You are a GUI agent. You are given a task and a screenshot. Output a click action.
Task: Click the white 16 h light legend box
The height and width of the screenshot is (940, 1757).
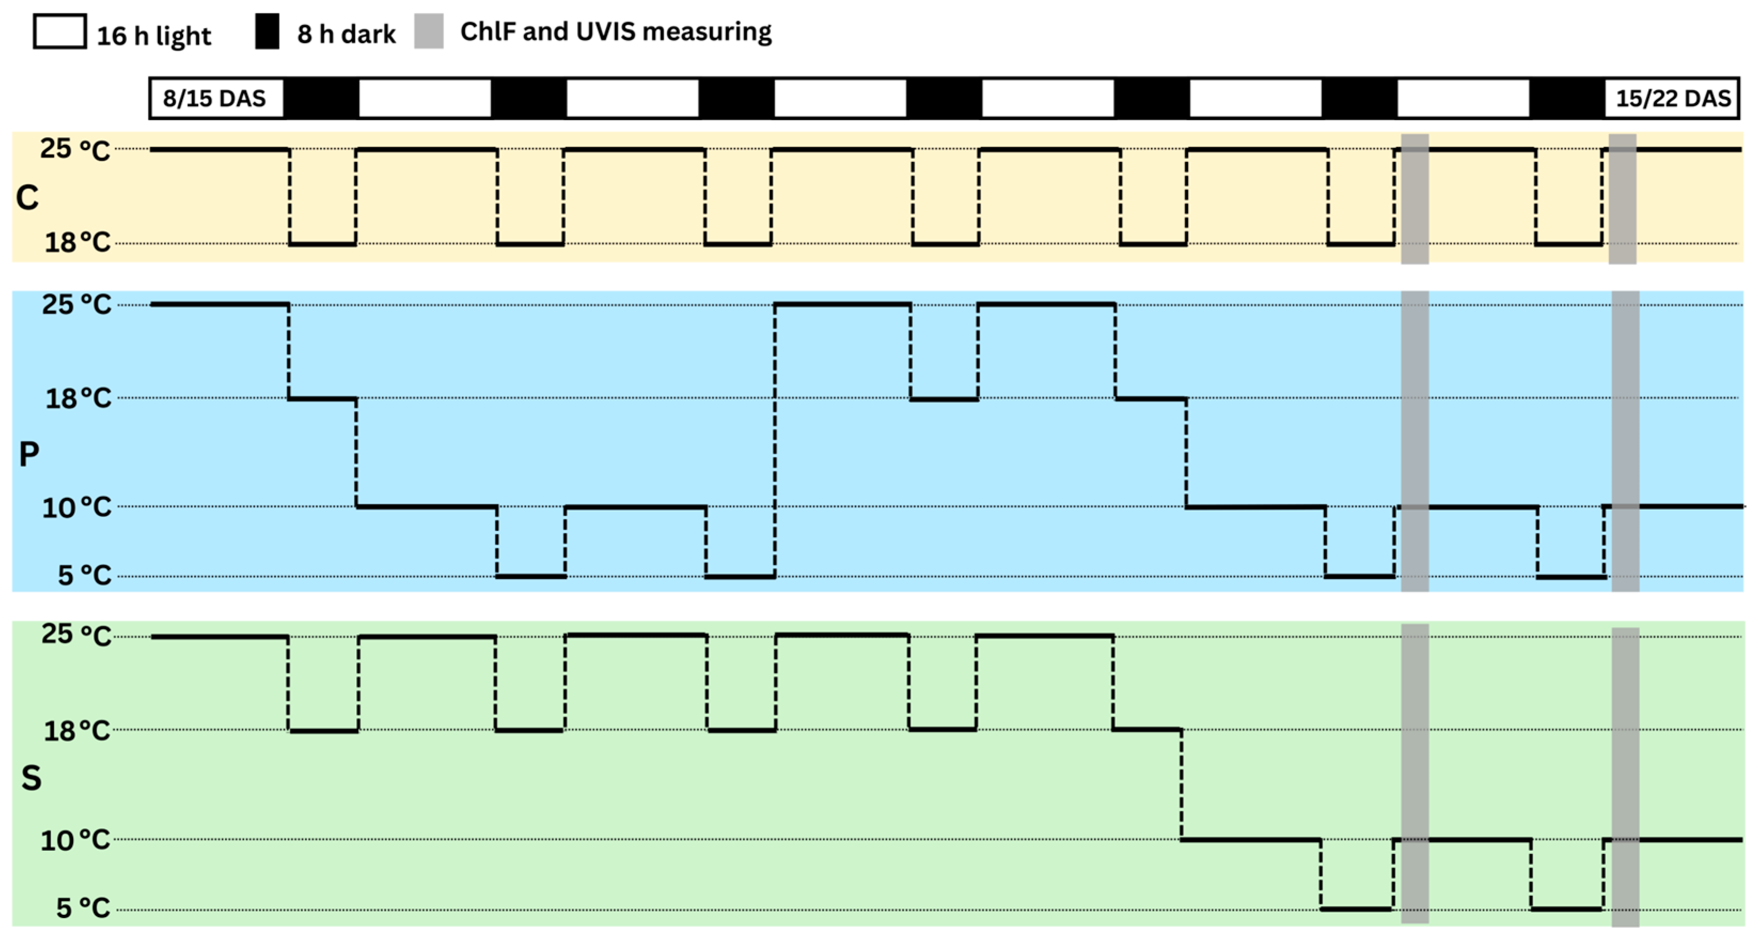[59, 32]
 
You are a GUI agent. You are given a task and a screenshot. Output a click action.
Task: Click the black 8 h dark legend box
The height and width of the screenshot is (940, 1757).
[267, 32]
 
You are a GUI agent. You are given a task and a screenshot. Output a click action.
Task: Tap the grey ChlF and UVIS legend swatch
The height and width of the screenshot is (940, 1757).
[428, 32]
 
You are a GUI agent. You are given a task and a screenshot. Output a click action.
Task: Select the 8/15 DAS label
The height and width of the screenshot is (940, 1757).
[214, 98]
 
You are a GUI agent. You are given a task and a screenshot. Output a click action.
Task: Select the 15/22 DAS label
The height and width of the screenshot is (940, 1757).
[1673, 98]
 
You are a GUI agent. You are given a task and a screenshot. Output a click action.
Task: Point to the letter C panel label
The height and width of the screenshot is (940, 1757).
[27, 198]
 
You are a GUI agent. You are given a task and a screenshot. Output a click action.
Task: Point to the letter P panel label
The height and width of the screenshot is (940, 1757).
[29, 453]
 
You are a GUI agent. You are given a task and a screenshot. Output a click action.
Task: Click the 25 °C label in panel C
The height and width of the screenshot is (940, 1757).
[75, 150]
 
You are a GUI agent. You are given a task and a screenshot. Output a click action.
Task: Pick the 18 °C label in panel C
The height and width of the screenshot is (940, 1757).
[77, 242]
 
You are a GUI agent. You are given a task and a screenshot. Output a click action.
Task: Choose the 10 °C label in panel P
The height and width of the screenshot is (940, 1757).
[76, 507]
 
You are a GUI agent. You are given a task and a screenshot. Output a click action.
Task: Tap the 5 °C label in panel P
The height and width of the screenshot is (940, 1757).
[84, 575]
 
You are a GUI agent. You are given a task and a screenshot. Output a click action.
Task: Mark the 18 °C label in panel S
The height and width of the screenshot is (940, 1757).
[76, 731]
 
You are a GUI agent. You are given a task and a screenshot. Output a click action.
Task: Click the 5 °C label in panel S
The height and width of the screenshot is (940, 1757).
[83, 908]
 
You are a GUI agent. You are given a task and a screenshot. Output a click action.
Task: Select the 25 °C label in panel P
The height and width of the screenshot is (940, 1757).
[76, 304]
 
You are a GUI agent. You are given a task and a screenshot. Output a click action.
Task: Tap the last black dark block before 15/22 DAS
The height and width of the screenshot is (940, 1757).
[1567, 98]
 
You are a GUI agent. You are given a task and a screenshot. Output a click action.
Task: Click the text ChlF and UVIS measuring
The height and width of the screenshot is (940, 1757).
[616, 32]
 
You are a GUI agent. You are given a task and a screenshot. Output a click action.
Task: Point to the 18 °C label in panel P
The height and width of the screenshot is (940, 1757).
[78, 398]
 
